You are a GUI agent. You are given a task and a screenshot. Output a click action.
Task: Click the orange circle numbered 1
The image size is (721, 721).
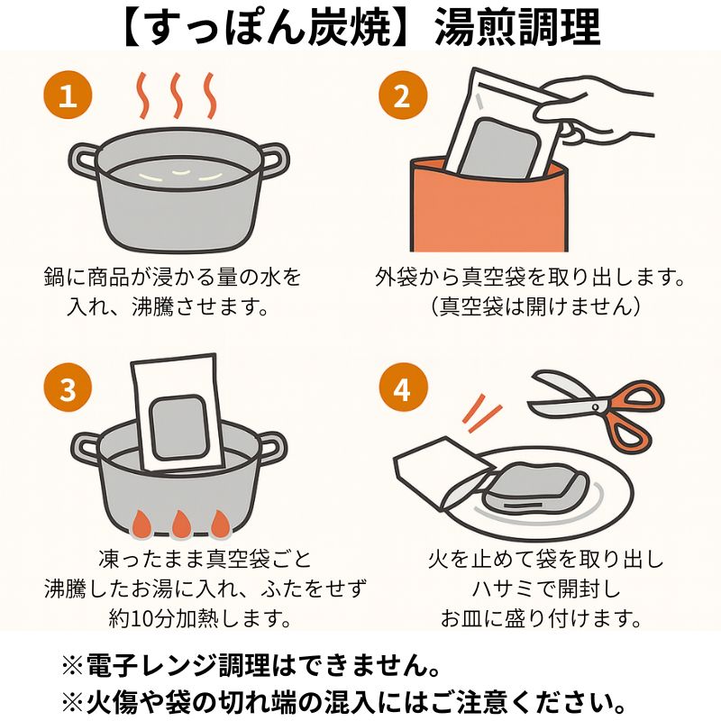(x=68, y=96)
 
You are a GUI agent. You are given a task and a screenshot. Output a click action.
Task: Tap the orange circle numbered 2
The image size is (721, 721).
(x=403, y=96)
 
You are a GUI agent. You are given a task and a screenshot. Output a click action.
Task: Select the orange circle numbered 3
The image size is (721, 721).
(x=68, y=388)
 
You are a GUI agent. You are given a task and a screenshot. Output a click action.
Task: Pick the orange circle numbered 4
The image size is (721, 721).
(x=403, y=388)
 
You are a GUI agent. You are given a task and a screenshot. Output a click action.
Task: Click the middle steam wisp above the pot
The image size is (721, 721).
(x=177, y=96)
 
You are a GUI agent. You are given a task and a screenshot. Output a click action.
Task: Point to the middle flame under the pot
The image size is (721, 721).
(x=181, y=525)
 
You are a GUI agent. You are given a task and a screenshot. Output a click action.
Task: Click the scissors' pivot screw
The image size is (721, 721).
(x=595, y=407)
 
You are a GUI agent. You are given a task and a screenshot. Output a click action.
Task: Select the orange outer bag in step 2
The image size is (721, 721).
(x=488, y=207)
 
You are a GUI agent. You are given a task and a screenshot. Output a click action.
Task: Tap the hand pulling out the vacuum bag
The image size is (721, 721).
(x=593, y=113)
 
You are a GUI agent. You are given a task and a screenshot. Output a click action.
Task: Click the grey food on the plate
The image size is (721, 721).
(x=534, y=489)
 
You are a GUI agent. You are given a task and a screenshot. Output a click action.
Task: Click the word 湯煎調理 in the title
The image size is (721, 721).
(x=517, y=28)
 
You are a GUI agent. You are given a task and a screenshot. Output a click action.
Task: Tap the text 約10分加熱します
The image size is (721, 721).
(x=200, y=619)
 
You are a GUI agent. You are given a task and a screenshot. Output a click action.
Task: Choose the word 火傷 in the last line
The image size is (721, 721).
(x=108, y=703)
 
